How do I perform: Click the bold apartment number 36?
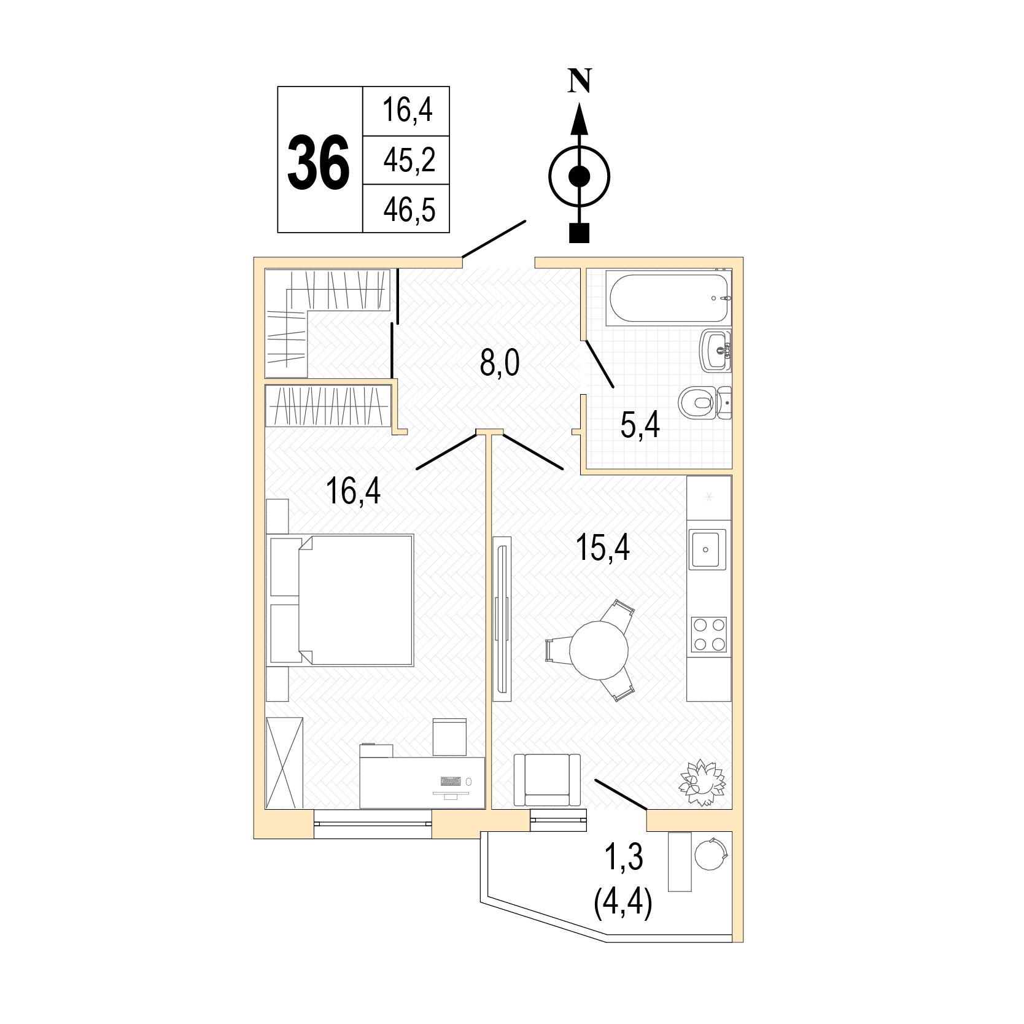click(319, 161)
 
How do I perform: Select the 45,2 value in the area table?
click(409, 161)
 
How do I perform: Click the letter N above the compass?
click(580, 80)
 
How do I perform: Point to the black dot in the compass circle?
click(579, 177)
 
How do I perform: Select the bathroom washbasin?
click(716, 350)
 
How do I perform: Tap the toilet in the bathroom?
click(705, 403)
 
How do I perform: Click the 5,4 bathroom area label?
click(640, 425)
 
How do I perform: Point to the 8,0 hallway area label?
click(500, 364)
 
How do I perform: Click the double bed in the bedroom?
click(341, 599)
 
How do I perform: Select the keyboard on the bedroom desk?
click(451, 782)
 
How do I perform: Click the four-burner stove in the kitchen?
click(709, 634)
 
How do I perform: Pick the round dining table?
click(599, 651)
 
